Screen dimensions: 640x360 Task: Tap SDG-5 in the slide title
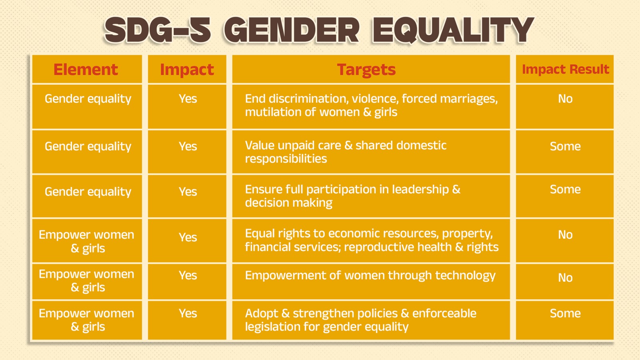(x=158, y=30)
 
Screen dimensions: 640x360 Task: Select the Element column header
(x=86, y=70)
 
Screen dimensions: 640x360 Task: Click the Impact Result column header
(x=566, y=70)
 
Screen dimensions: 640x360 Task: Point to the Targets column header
(x=366, y=70)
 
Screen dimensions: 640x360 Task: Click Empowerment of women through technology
(x=370, y=276)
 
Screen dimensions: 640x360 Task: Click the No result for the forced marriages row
(x=565, y=99)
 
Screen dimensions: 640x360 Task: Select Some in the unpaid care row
(x=565, y=146)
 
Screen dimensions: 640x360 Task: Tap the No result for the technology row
(x=565, y=278)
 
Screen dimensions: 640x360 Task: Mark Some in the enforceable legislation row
(x=565, y=314)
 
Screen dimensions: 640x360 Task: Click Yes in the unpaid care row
(x=188, y=146)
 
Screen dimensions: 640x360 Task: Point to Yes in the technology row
(x=188, y=276)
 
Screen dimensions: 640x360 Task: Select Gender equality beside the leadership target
(x=88, y=192)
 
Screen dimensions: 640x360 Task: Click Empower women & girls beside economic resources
(x=86, y=242)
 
